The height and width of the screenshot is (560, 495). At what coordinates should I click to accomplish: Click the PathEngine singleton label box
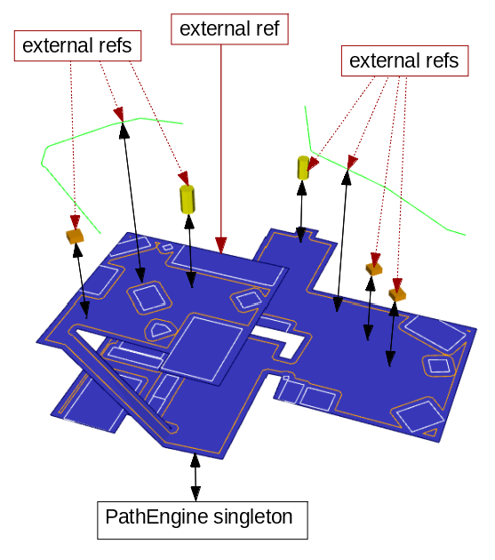[x=203, y=519]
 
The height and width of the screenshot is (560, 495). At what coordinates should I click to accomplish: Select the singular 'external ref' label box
[x=228, y=29]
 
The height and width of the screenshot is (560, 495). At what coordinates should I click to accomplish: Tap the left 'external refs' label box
[x=77, y=45]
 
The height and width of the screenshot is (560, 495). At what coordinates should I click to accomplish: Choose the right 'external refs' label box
[x=403, y=61]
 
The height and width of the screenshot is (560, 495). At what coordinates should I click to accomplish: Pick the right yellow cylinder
[x=304, y=167]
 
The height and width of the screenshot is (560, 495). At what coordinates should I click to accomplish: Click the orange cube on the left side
[x=75, y=236]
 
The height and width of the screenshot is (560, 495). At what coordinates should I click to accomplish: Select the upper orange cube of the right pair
[x=373, y=267]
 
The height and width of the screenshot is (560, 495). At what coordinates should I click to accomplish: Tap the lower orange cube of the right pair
[x=397, y=292]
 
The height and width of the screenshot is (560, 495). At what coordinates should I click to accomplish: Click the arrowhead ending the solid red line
[x=220, y=244]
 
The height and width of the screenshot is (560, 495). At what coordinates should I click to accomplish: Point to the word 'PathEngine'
[x=147, y=516]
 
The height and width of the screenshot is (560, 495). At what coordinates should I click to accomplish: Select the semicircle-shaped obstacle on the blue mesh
[x=162, y=330]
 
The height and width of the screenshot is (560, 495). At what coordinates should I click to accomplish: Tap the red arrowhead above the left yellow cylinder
[x=183, y=178]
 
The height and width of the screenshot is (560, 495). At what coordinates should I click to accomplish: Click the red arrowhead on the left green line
[x=118, y=114]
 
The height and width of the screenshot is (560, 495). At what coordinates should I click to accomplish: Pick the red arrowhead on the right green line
[x=352, y=162]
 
